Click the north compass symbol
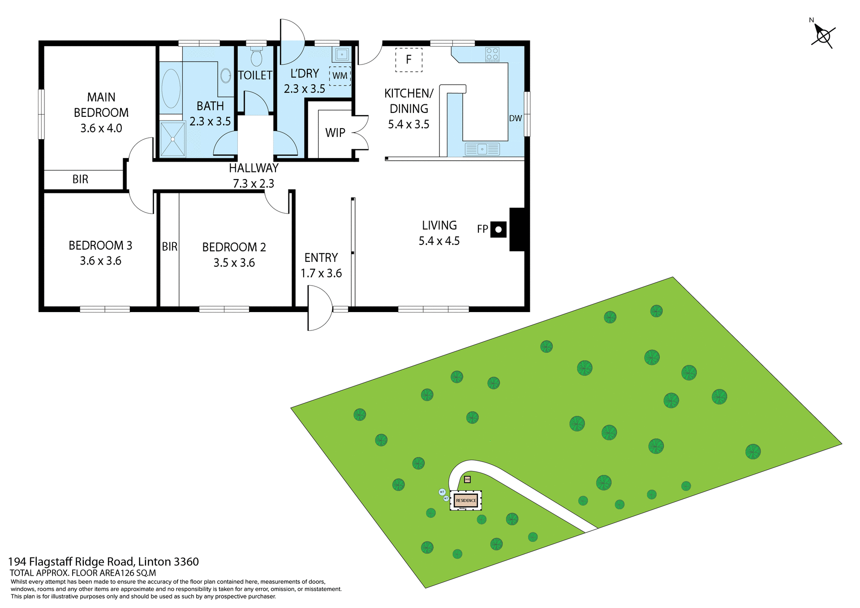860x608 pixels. [823, 36]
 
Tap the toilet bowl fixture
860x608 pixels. [256, 57]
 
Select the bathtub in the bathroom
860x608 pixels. [170, 88]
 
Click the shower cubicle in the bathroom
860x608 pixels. [172, 139]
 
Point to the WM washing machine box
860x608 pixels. [340, 76]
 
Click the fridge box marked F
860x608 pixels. [408, 60]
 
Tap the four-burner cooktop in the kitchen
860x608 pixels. [492, 55]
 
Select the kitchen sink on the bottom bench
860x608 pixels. [482, 149]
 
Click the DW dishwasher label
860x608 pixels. [515, 118]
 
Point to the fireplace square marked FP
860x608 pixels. [499, 230]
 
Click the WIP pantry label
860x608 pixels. [335, 133]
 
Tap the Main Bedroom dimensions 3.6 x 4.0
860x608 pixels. [101, 128]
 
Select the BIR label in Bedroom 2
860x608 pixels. [169, 247]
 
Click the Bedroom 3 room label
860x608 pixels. [100, 245]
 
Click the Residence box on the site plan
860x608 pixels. [466, 501]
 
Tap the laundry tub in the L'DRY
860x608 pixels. [342, 55]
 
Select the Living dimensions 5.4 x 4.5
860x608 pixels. [439, 241]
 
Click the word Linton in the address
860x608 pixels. [155, 561]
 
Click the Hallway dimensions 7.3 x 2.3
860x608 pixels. [254, 184]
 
